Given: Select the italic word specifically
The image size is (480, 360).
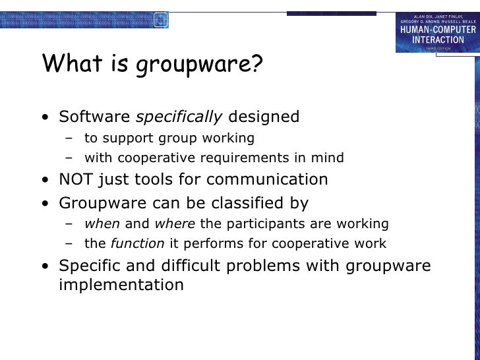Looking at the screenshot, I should [179, 117].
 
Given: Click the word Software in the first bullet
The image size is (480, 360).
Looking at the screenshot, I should [94, 117].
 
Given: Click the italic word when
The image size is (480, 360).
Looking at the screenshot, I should [102, 224].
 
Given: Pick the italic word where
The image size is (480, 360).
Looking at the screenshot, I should [175, 224].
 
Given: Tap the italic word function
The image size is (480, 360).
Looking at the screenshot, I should [138, 243].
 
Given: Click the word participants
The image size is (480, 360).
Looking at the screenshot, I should [257, 224].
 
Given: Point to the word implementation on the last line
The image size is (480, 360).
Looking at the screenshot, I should [121, 285].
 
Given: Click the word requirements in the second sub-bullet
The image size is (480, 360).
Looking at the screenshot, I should [245, 158].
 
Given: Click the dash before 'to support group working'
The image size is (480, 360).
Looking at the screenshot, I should [69, 138].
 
